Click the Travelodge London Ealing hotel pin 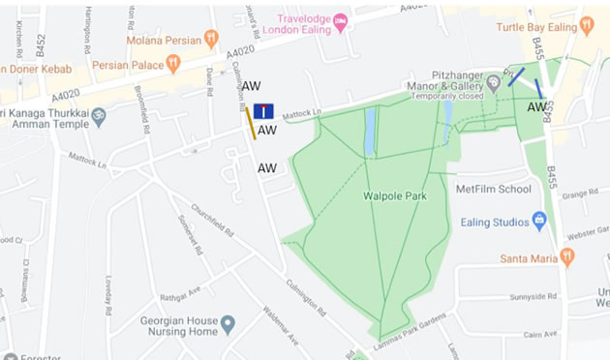(340, 20)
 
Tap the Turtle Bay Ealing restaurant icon (586, 26)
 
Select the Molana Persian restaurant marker (211, 40)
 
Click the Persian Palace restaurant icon (173, 63)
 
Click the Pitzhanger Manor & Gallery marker (494, 82)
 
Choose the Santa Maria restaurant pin (566, 256)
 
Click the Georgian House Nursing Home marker (228, 323)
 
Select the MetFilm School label (494, 189)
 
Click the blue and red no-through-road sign (263, 111)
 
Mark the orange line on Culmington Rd (250, 123)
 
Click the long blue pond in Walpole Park (370, 131)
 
